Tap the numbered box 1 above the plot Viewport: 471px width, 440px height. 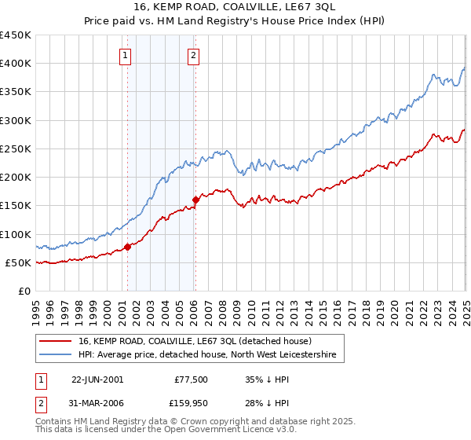coord(126,55)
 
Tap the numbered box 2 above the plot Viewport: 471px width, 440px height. coord(193,55)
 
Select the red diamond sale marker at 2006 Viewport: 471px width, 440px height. coord(195,200)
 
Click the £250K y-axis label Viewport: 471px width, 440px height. coord(15,148)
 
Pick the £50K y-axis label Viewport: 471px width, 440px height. coord(18,262)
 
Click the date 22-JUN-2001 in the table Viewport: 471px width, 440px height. coord(97,379)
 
